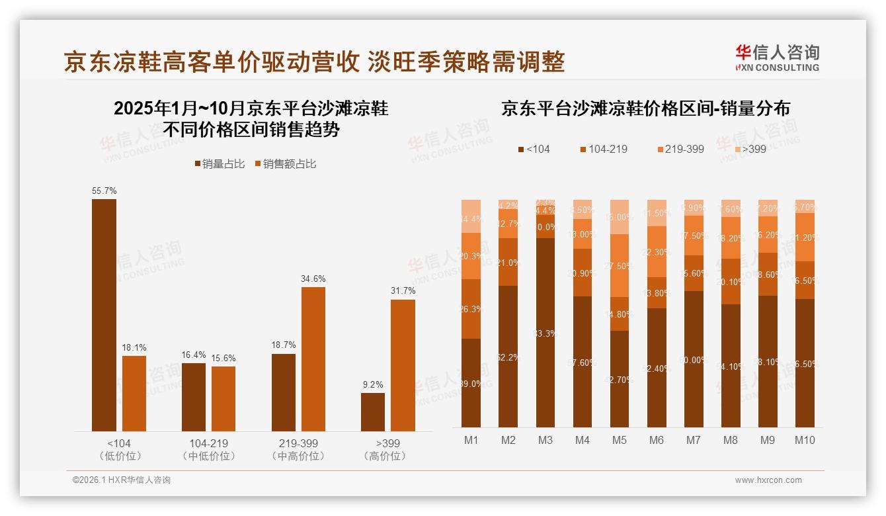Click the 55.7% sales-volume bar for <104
click(x=104, y=315)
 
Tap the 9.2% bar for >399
click(x=373, y=412)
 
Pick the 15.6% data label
click(x=223, y=358)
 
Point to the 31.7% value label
click(x=403, y=291)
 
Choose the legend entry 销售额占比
click(x=285, y=164)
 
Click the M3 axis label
click(x=545, y=441)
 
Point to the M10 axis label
click(x=804, y=441)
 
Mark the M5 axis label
click(x=619, y=441)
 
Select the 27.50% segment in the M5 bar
click(x=619, y=265)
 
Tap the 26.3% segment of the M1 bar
click(x=471, y=308)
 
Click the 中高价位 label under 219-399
click(x=298, y=456)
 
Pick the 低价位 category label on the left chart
click(x=119, y=456)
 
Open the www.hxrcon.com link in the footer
click(x=768, y=480)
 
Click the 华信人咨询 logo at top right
click(x=777, y=58)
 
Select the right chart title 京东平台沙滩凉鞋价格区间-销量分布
click(x=645, y=108)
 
